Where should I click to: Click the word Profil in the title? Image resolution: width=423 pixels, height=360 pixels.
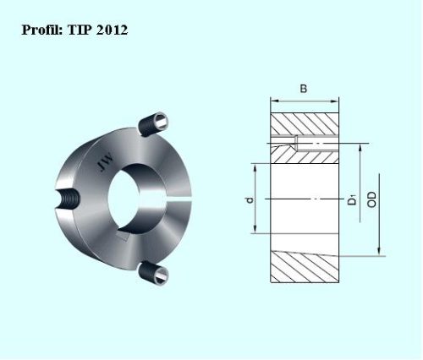pos(42,30)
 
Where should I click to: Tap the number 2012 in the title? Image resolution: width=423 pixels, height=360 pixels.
pos(112,30)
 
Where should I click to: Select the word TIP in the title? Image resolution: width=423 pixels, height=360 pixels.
pos(80,30)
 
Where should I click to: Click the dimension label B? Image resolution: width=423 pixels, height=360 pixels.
pos(304,89)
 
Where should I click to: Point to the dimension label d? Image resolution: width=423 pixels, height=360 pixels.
pos(250,200)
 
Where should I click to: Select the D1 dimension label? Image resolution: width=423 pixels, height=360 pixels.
pos(352,199)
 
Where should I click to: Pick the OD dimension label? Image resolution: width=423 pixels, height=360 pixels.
pos(372,199)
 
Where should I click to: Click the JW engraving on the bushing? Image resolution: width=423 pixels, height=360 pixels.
pos(105,162)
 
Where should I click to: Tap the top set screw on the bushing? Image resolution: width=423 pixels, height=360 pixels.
pos(154,124)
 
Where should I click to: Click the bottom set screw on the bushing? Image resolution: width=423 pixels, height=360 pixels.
pos(154,273)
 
